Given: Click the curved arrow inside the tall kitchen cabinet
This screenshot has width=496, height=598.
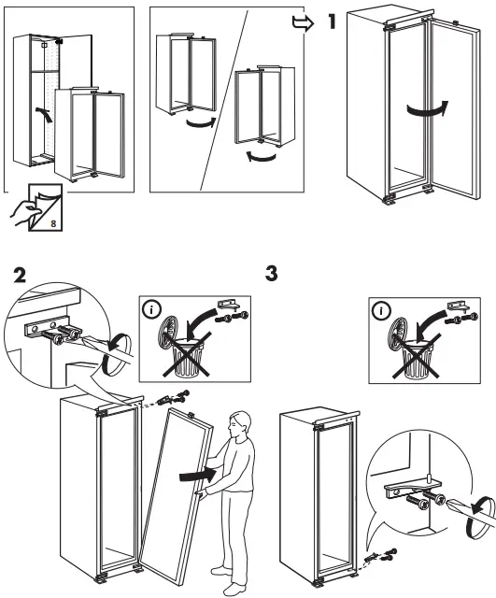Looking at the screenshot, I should [41, 119].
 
